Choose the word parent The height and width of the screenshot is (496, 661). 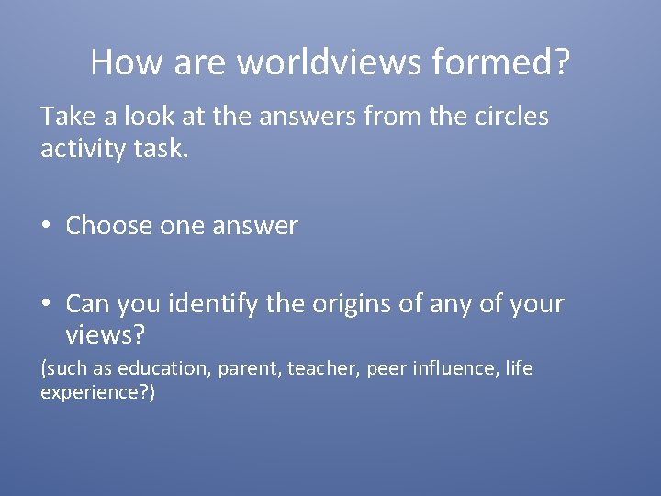click(247, 369)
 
